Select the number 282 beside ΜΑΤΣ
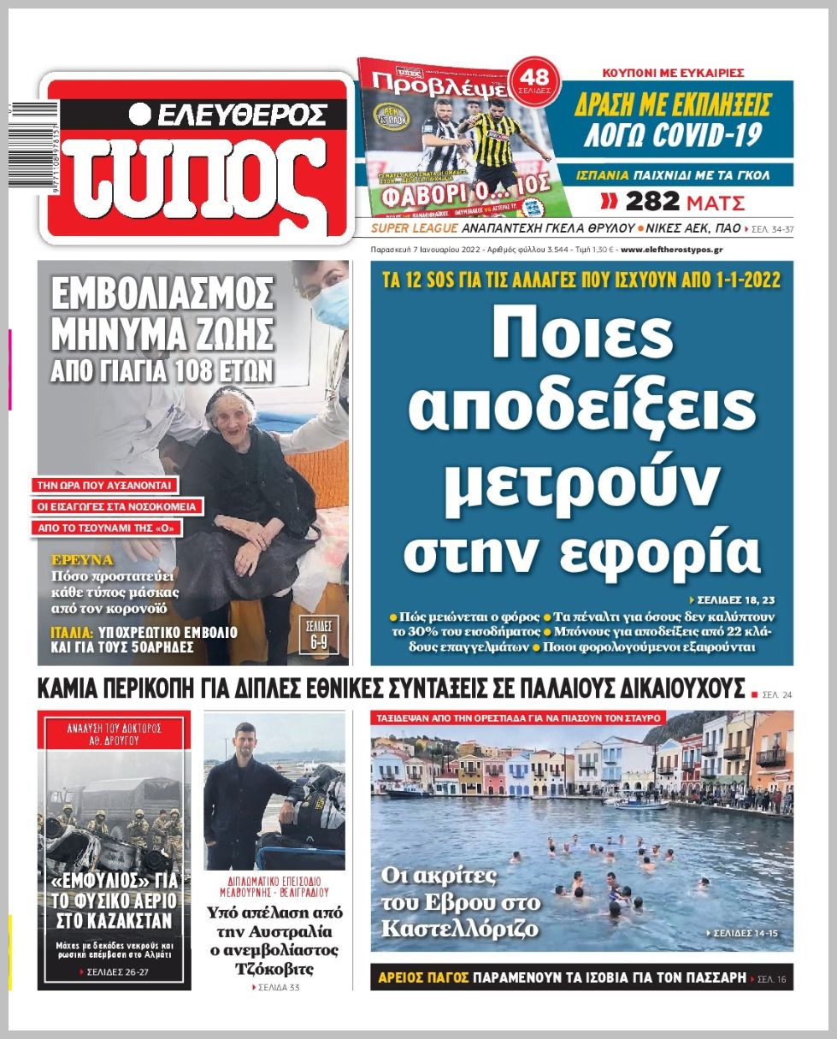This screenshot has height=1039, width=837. (652, 203)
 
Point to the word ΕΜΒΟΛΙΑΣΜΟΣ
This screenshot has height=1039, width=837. (162, 294)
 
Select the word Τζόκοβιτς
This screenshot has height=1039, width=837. (274, 969)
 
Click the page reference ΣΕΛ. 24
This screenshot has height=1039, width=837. (777, 694)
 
